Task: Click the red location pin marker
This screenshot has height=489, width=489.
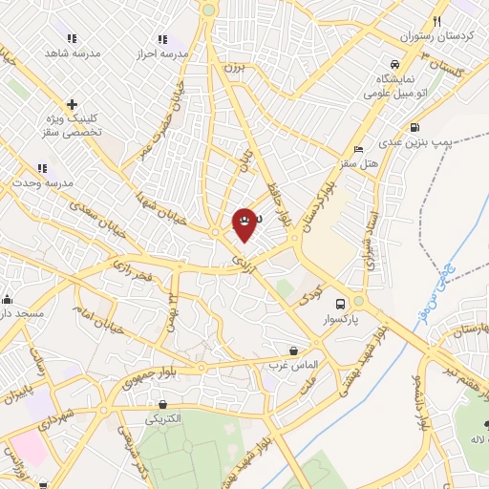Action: point(244,223)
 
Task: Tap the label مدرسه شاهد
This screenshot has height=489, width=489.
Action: point(72,53)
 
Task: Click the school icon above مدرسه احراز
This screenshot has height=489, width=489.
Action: point(162,39)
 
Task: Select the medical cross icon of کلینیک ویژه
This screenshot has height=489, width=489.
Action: point(72,104)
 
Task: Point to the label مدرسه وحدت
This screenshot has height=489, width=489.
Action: point(37,181)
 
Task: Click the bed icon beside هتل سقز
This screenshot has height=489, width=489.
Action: point(358,150)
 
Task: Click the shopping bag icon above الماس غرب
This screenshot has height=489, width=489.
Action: point(293,351)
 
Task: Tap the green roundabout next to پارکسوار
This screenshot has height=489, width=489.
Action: point(358,301)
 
